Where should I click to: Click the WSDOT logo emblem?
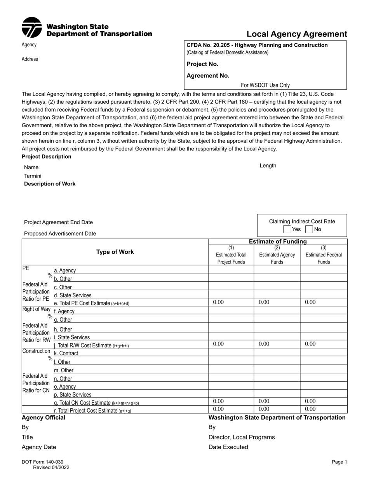tap(31, 27)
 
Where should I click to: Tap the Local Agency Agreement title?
tap(297, 34)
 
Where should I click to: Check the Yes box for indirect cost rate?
tap(287, 229)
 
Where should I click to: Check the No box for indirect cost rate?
tap(309, 229)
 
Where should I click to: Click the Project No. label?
tap(202, 64)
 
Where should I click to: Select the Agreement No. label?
tap(208, 76)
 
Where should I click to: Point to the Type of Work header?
tap(115, 252)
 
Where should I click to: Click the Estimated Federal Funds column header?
tap(324, 255)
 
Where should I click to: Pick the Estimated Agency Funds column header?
tap(277, 255)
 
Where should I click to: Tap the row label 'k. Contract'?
tap(66, 353)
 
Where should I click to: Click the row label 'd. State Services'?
tap(73, 295)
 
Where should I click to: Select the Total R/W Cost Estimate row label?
tap(91, 345)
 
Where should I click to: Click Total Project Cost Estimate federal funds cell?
tap(323, 409)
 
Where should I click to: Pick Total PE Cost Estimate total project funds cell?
tap(231, 302)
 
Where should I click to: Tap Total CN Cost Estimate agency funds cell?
tap(277, 401)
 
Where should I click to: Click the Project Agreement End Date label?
tap(58, 222)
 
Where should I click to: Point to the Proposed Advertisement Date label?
tap(60, 234)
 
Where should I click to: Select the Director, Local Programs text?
tap(241, 437)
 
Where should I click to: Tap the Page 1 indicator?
tap(339, 462)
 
